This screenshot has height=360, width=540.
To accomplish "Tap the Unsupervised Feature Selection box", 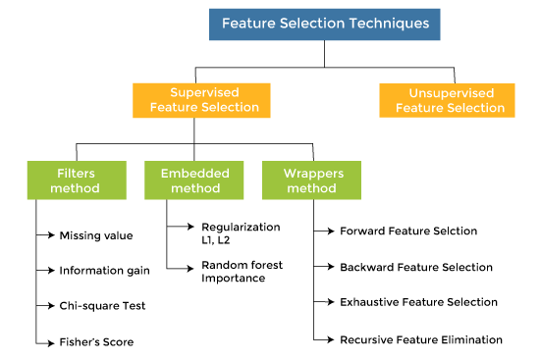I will tap(450, 100).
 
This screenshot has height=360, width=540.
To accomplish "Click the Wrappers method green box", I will tap(311, 180).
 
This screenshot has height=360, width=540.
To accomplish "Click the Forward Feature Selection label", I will tap(407, 231).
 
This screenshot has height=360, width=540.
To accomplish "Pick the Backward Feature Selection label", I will tap(415, 267).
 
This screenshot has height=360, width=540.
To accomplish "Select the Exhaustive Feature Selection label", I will tap(418, 302).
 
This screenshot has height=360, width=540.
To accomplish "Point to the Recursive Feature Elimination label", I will tap(420, 339).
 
